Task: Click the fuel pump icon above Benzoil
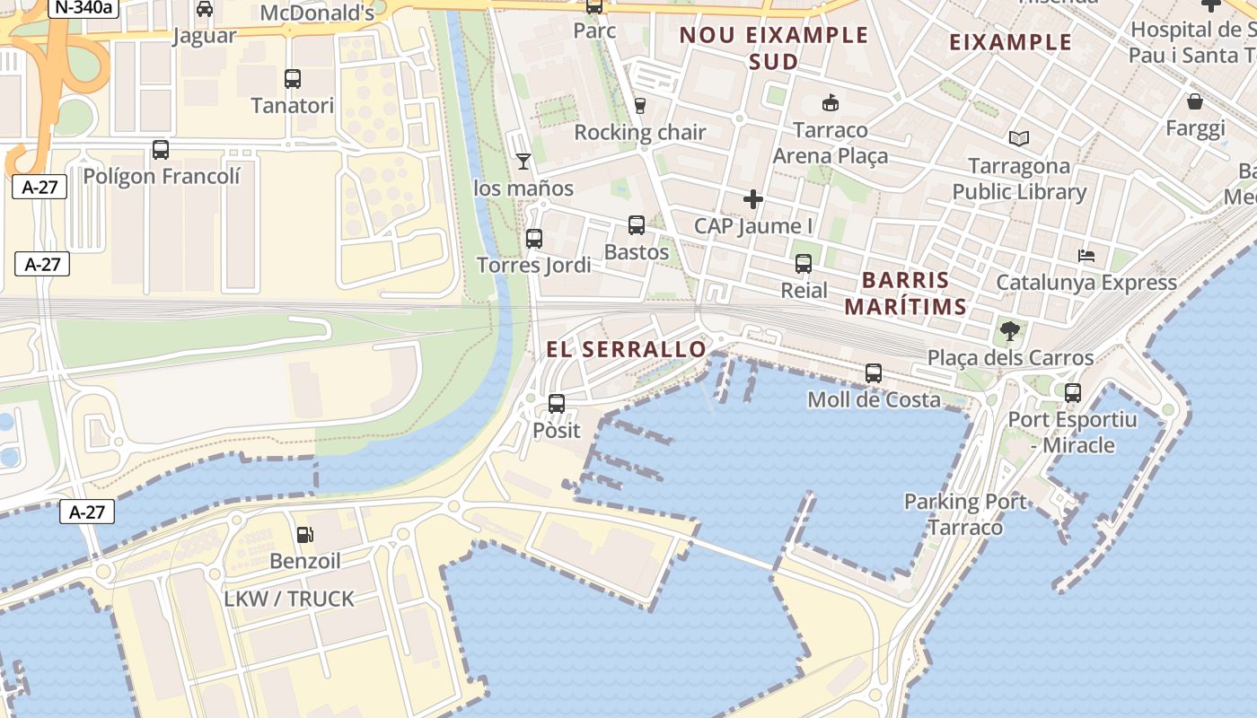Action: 305,535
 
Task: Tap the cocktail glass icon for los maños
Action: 523,162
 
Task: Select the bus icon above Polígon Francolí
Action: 161,150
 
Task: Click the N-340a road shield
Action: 84,8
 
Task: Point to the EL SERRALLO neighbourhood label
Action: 627,350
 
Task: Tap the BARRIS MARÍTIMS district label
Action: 905,293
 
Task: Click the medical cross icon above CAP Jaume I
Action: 753,199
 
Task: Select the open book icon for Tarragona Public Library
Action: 1019,139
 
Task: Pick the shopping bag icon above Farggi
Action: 1195,101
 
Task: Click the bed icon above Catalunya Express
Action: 1086,256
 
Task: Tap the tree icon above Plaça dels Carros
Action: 1010,331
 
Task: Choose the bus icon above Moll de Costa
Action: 874,373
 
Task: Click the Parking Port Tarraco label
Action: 965,514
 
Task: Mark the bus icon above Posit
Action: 557,404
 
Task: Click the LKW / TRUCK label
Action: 289,599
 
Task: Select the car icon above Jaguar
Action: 205,9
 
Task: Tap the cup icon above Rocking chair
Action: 640,106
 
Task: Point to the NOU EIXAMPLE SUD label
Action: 774,48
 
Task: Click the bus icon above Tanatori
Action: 293,79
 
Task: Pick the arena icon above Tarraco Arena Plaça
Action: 831,103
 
